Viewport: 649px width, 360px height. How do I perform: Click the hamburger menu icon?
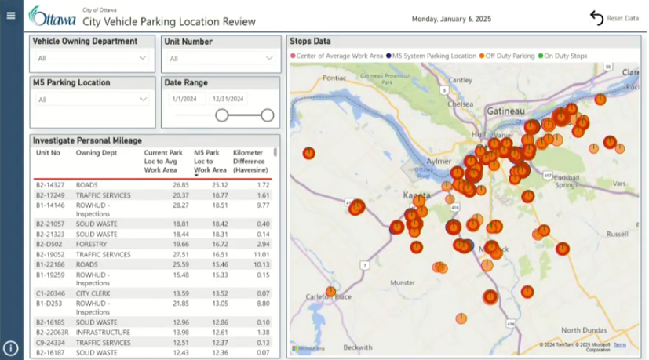(11, 16)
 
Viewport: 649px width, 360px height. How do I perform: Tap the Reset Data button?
(614, 18)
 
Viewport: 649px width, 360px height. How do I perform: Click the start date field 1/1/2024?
(184, 99)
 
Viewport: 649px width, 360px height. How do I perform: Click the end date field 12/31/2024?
(229, 99)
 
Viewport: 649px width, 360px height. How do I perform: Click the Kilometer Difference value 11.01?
(261, 254)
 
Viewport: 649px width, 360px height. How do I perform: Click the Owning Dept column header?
(97, 153)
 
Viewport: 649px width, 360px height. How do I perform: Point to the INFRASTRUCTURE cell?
(103, 333)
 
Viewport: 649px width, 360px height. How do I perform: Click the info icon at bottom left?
(11, 348)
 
